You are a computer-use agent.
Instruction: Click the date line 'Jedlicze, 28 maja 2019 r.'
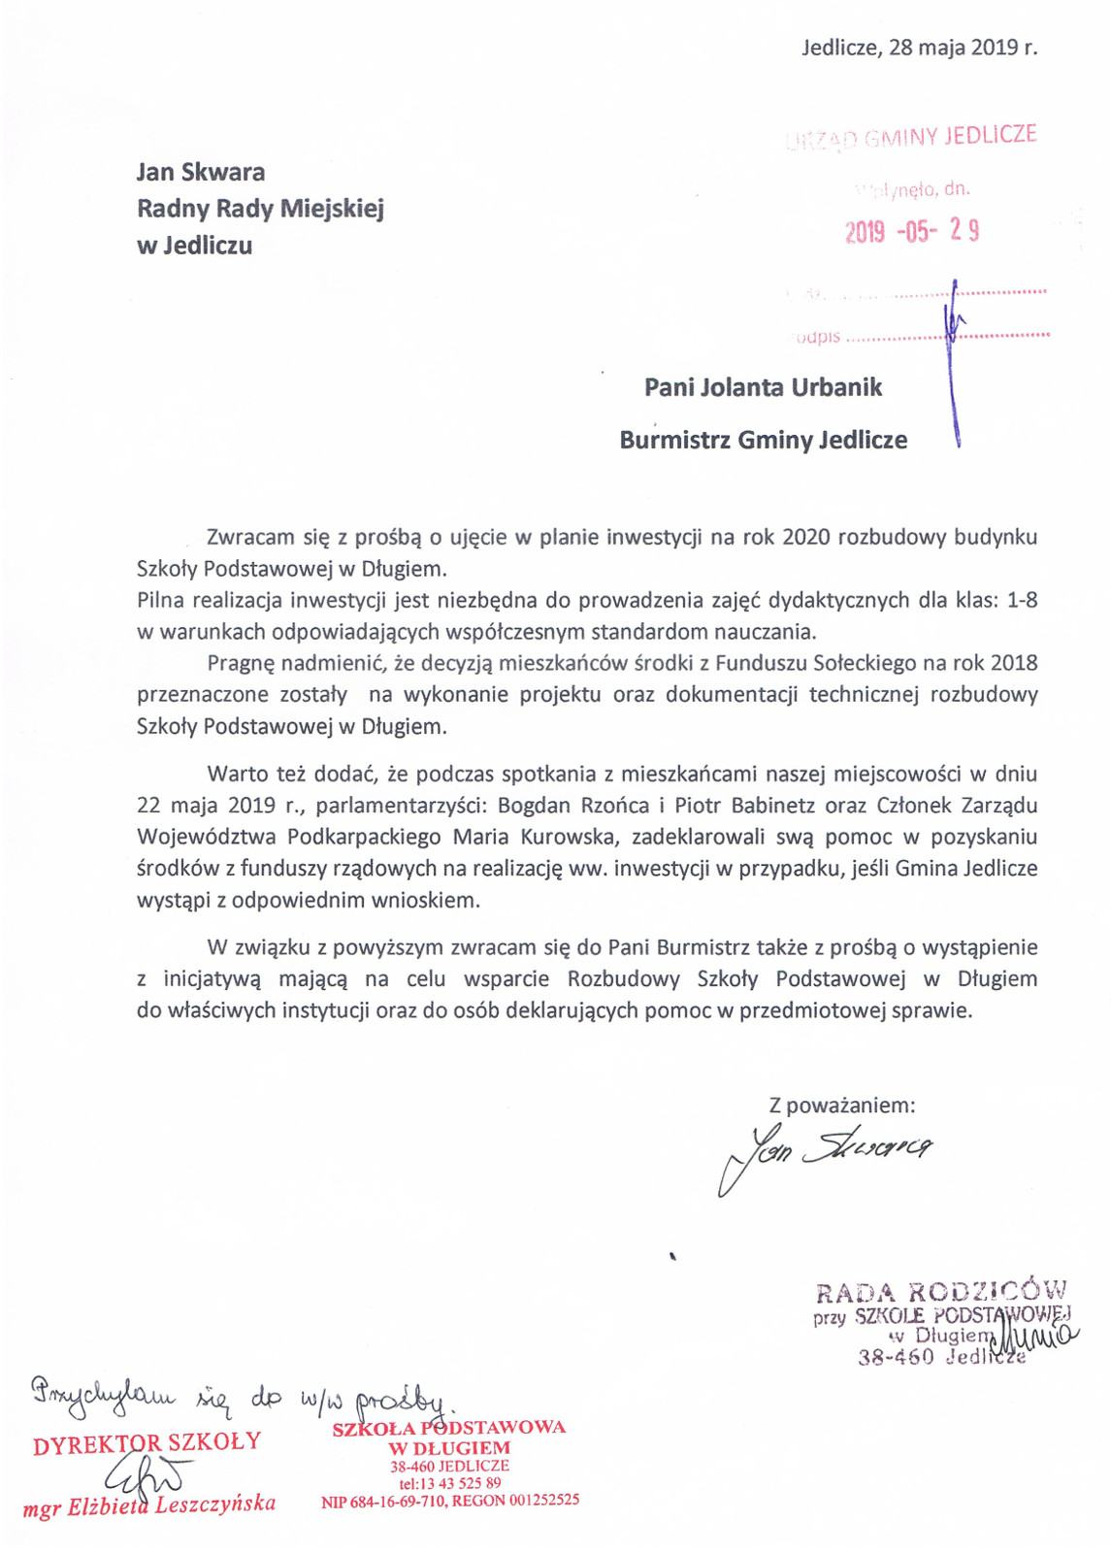919,48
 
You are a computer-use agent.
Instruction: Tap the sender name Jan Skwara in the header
201,173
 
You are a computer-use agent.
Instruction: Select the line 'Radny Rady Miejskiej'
260,209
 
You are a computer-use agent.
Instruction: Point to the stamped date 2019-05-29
911,231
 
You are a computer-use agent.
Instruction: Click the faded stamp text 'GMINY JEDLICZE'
950,137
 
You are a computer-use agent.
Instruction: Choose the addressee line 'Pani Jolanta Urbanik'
763,387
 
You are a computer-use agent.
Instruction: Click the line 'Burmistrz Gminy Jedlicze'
763,440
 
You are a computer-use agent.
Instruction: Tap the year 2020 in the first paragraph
805,537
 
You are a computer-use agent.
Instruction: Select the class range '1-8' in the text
1022,600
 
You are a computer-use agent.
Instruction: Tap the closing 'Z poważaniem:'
841,1105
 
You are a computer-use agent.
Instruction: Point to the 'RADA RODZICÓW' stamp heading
940,1292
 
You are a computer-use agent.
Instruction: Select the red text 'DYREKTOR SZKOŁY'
147,1442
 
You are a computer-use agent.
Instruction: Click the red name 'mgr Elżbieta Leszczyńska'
149,1505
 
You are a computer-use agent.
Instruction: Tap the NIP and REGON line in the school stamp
449,1501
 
